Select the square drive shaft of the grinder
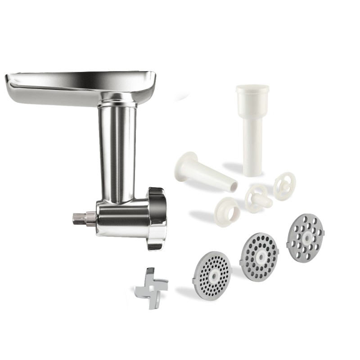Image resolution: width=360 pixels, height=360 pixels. point(80,218)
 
